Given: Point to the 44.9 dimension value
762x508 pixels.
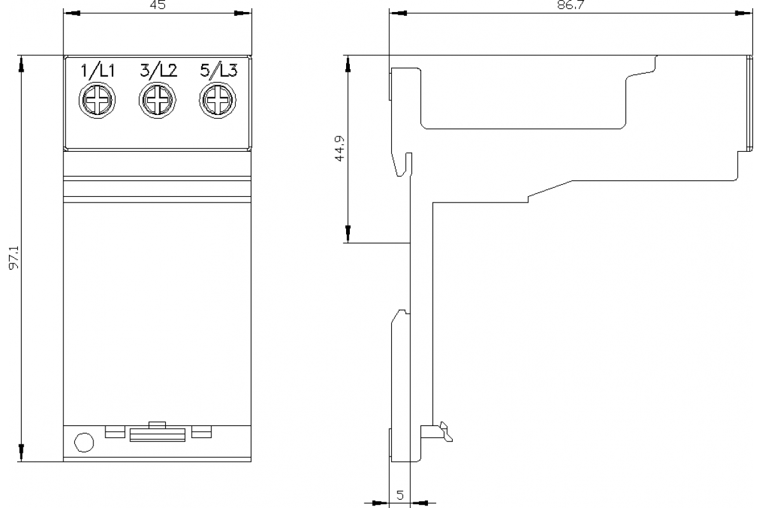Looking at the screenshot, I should pyautogui.click(x=340, y=148).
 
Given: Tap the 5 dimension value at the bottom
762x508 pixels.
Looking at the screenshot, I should pyautogui.click(x=400, y=495).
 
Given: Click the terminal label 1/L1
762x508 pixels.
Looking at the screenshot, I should pyautogui.click(x=97, y=71).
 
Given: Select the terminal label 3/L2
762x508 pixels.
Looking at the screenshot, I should pyautogui.click(x=158, y=71).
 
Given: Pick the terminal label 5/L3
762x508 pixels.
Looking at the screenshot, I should pyautogui.click(x=218, y=71).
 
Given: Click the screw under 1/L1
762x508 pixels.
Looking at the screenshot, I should pyautogui.click(x=97, y=101).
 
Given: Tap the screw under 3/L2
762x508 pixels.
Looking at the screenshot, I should pyautogui.click(x=157, y=101).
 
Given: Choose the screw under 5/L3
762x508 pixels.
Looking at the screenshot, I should pyautogui.click(x=218, y=101).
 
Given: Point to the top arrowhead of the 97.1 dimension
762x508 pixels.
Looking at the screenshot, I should pyautogui.click(x=22, y=62).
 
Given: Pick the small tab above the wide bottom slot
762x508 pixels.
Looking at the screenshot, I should pyautogui.click(x=156, y=424).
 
